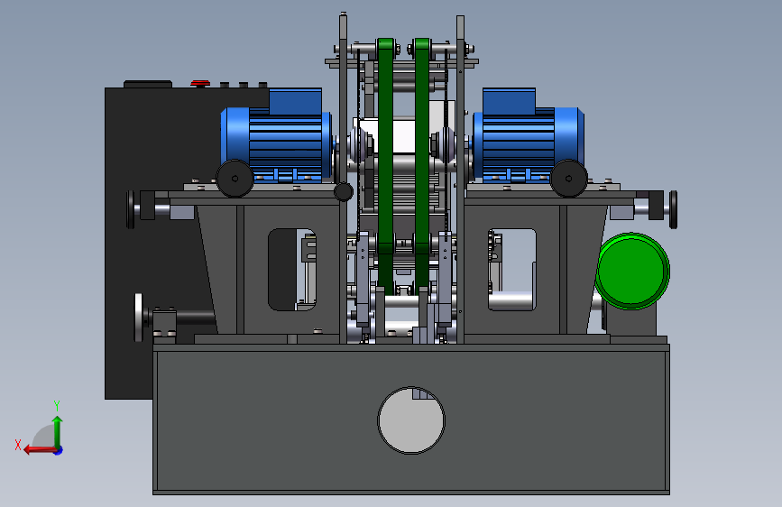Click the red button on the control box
point(200,83)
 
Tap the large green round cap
point(632,271)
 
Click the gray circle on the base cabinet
point(411,420)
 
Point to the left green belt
point(385,165)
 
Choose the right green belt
point(422,165)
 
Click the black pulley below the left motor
point(235,178)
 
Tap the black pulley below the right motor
point(568,178)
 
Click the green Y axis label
point(57,405)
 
